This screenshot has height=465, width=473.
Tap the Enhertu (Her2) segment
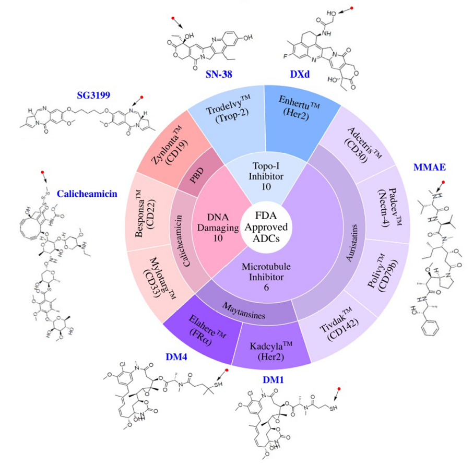tap(291, 115)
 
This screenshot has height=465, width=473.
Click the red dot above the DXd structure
tap(352, 8)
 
